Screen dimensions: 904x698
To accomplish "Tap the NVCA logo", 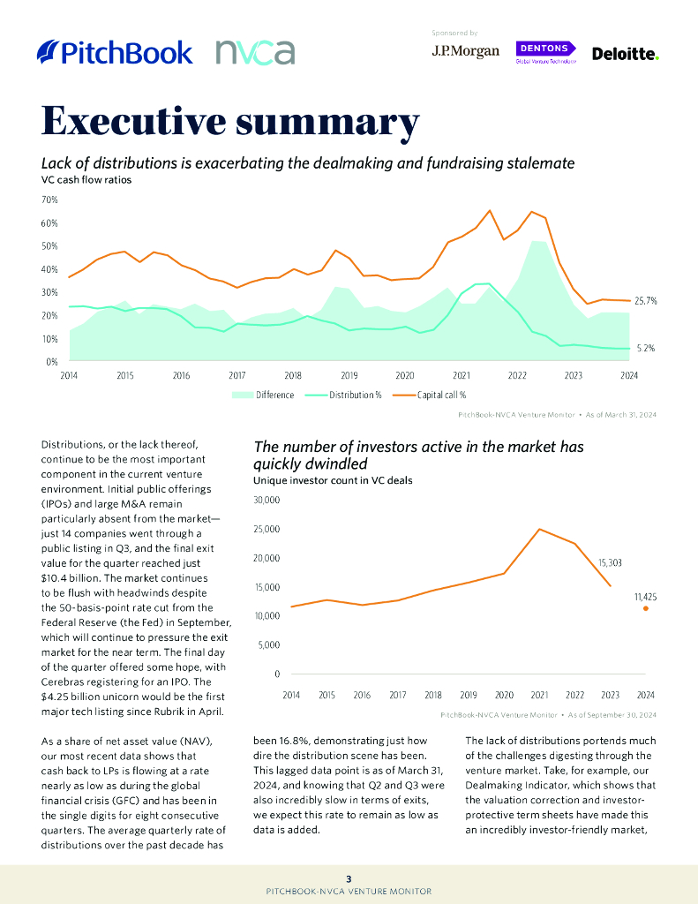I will pyautogui.click(x=255, y=52).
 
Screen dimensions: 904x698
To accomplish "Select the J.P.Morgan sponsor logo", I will pyautogui.click(x=465, y=52).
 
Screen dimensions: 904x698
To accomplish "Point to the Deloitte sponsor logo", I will pyautogui.click(x=626, y=54).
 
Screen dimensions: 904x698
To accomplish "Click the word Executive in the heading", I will pyautogui.click(x=154, y=121).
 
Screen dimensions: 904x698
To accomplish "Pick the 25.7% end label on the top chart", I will pyautogui.click(x=646, y=301).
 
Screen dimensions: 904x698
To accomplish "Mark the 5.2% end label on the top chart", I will pyautogui.click(x=645, y=348).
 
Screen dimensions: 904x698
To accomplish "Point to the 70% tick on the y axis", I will pyautogui.click(x=50, y=200).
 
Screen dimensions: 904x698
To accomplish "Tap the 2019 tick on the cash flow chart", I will pyautogui.click(x=349, y=375).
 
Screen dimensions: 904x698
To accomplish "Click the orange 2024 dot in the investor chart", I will pyautogui.click(x=646, y=608).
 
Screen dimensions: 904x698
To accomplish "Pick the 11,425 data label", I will pyautogui.click(x=645, y=597).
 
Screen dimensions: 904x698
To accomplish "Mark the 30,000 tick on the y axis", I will pyautogui.click(x=266, y=501).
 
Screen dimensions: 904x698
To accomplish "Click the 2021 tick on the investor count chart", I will pyautogui.click(x=539, y=696).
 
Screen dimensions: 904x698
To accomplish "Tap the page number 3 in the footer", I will pyautogui.click(x=349, y=878).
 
